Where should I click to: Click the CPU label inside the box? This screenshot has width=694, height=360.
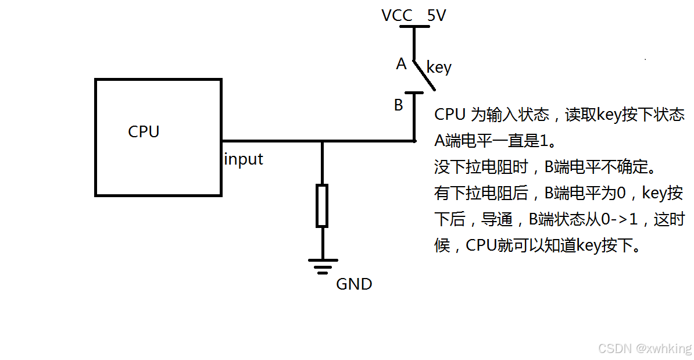click(144, 132)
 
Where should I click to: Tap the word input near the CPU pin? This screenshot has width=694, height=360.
click(244, 159)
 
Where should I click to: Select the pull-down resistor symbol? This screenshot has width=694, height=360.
click(322, 205)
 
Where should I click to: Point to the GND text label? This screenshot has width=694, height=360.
click(354, 284)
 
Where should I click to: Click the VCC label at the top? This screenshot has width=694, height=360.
click(398, 16)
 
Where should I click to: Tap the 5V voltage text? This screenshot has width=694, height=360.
click(437, 16)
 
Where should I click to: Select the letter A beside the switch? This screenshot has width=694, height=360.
click(401, 64)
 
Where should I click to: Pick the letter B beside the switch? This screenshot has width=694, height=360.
click(399, 105)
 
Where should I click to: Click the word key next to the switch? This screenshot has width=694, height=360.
click(439, 67)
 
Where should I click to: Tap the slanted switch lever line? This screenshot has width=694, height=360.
click(424, 76)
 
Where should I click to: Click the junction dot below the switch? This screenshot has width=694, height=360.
click(414, 140)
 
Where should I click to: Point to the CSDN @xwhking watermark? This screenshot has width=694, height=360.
click(645, 348)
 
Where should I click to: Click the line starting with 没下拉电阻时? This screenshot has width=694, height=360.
click(545, 167)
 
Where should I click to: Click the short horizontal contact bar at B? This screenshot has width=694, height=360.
click(414, 92)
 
